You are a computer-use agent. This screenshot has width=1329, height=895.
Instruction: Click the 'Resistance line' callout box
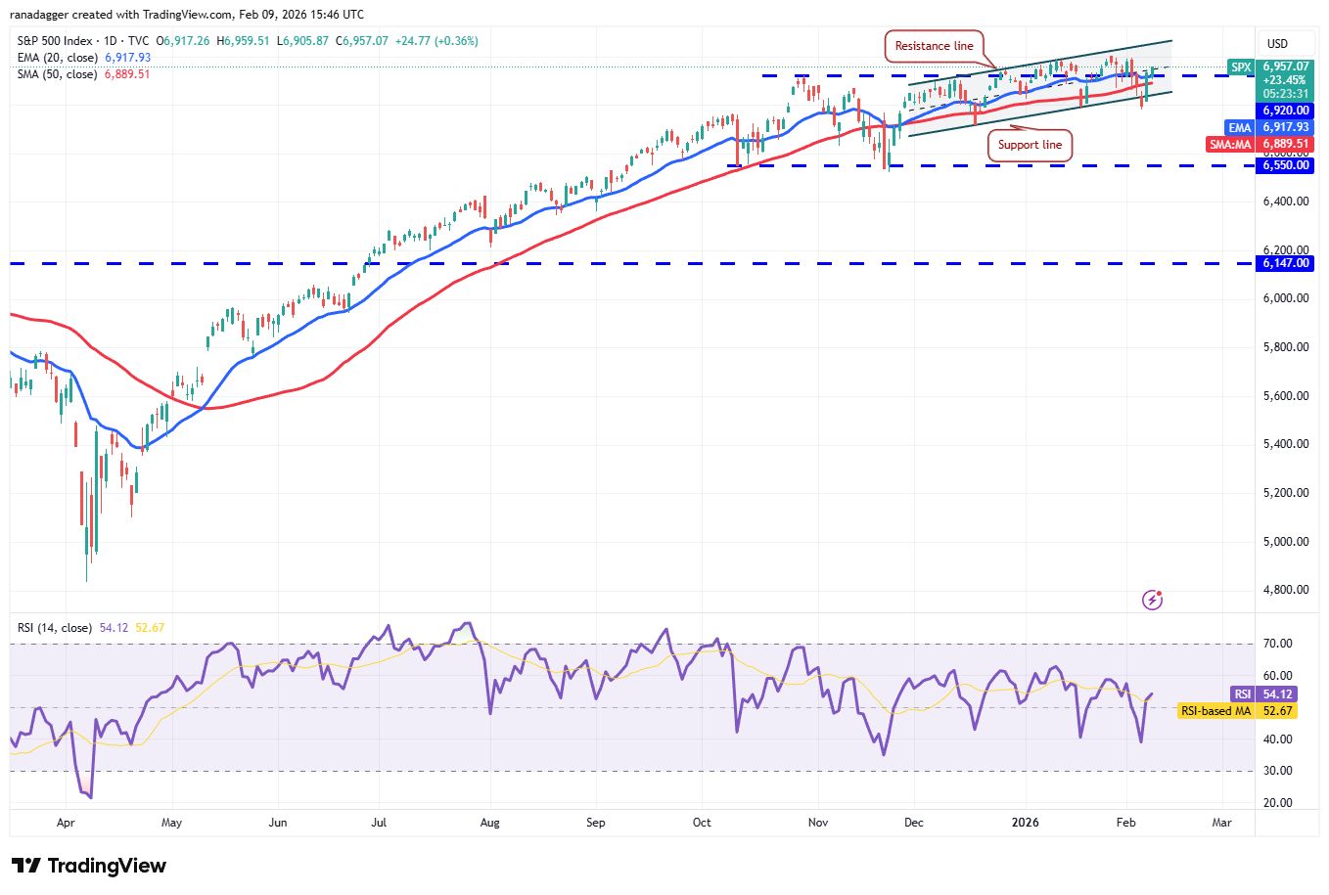click(x=934, y=46)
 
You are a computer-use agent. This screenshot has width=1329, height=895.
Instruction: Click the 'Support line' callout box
click(x=1030, y=145)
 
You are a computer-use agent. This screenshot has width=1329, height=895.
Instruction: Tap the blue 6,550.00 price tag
click(x=1285, y=165)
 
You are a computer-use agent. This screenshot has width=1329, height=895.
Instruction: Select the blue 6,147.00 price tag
click(x=1285, y=263)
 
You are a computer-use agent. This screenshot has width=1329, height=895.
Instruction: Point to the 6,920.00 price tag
click(x=1285, y=111)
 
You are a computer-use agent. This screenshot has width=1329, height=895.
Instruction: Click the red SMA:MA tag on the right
click(x=1230, y=144)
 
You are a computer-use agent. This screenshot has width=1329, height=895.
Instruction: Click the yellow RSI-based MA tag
click(x=1215, y=711)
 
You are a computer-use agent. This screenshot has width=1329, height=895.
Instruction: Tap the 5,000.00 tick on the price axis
click(x=1285, y=542)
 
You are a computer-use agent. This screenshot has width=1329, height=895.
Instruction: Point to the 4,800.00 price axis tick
click(x=1285, y=590)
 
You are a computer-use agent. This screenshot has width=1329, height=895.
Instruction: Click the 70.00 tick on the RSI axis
click(x=1277, y=644)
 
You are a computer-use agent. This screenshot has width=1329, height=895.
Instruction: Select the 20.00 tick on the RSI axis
click(x=1277, y=803)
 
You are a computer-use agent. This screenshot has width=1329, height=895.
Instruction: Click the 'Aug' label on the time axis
click(x=489, y=823)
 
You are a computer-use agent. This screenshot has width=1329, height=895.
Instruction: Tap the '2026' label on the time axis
click(x=1025, y=823)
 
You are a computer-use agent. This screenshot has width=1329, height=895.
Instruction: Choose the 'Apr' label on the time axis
click(x=66, y=823)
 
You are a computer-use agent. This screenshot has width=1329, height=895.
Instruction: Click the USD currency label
click(x=1277, y=44)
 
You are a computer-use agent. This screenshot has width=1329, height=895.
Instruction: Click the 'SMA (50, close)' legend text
click(x=57, y=74)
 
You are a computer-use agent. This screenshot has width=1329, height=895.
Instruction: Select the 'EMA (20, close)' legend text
click(x=57, y=58)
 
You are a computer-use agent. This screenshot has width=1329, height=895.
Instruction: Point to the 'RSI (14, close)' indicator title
click(x=55, y=628)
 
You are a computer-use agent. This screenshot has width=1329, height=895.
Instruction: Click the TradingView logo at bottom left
click(x=89, y=866)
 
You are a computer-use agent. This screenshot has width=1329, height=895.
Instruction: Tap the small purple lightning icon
click(x=1152, y=600)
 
